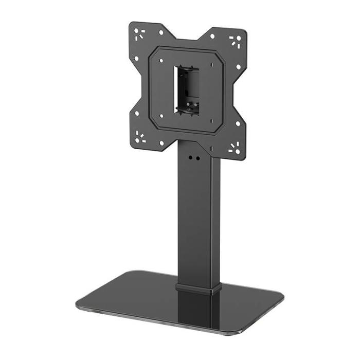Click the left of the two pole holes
coord(190,158)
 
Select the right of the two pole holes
coord(196,159)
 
